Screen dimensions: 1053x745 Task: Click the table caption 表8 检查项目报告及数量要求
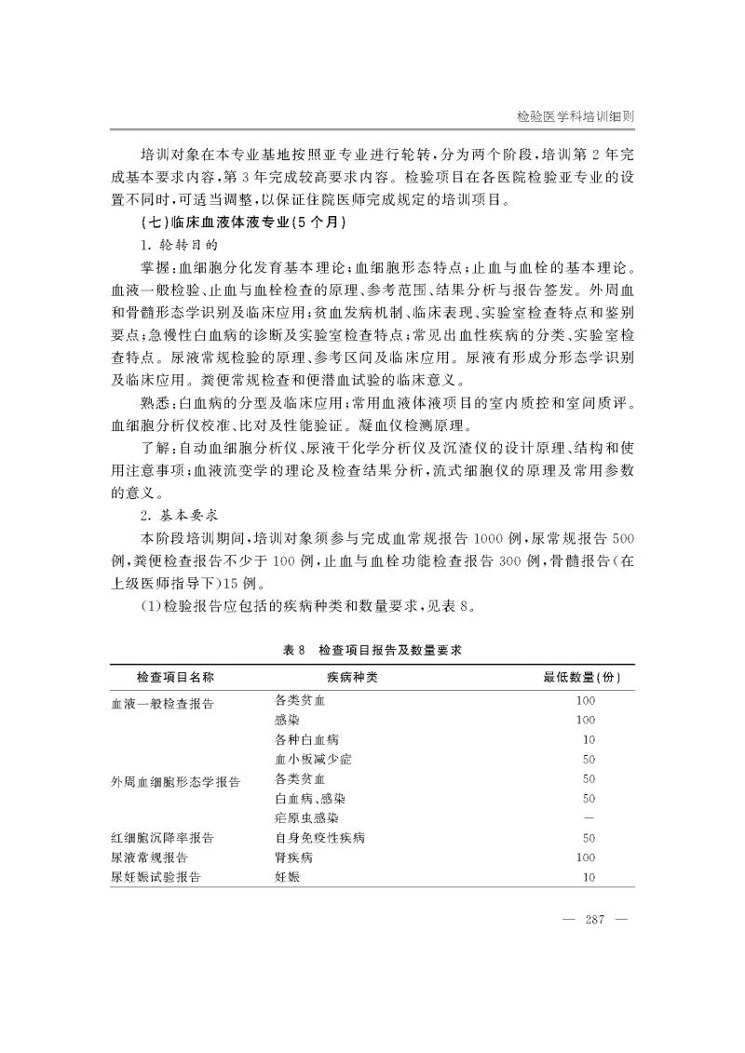pos(372,653)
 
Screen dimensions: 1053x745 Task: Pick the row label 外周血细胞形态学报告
pos(175,780)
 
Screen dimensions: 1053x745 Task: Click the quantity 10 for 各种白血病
pos(589,739)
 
